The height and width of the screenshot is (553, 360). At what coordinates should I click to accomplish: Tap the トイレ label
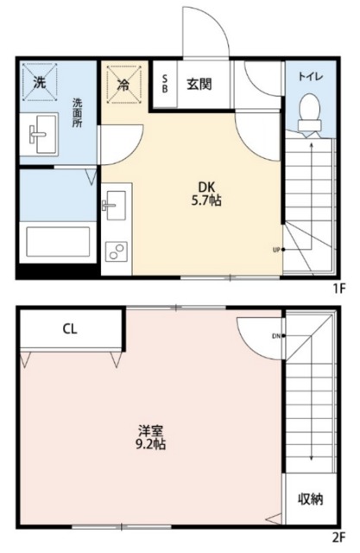coord(311,76)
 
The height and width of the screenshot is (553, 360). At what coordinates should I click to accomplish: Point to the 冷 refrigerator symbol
coord(123,85)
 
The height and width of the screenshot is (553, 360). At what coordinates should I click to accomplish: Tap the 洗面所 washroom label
coord(76,111)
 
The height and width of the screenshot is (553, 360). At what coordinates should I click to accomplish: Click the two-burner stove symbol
coord(114,251)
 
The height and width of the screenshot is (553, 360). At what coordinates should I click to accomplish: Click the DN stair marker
coord(276,336)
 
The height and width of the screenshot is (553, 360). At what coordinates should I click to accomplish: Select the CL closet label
coord(70,329)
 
